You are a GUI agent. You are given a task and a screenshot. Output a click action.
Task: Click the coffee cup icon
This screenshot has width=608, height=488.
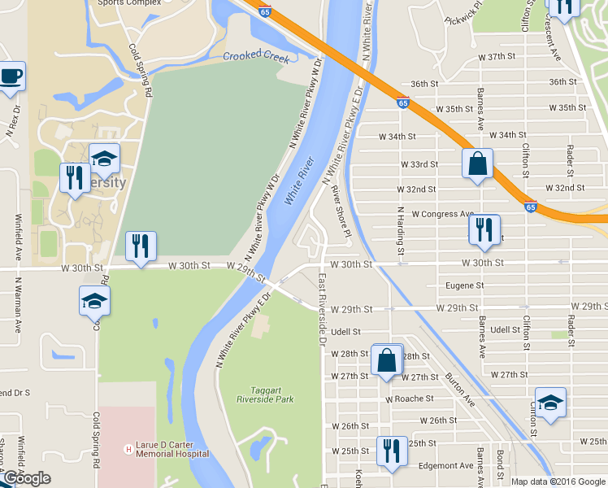(11, 77)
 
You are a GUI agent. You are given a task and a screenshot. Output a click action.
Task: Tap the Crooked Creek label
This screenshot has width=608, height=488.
(257, 55)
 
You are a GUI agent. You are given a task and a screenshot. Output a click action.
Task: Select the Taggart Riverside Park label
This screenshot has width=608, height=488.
(265, 394)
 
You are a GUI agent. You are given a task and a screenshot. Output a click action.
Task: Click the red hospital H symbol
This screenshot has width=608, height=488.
(127, 449)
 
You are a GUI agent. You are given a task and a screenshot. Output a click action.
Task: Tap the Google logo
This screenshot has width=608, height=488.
(26, 478)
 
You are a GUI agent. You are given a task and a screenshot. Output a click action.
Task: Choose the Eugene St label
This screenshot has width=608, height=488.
(466, 285)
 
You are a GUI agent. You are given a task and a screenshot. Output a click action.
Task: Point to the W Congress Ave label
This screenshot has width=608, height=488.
(442, 214)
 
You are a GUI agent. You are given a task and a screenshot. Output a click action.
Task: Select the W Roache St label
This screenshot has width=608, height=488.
(410, 399)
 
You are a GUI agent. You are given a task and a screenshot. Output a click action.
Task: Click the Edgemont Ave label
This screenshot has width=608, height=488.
(444, 466)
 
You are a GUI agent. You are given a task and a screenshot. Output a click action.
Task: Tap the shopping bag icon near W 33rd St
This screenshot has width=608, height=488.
(477, 163)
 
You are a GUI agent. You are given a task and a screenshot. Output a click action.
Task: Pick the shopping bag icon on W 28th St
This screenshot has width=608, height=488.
(387, 359)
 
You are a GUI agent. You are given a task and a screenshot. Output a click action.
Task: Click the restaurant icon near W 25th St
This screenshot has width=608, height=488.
(392, 451)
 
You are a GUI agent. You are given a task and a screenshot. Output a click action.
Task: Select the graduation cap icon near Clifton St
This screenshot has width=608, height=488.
(550, 403)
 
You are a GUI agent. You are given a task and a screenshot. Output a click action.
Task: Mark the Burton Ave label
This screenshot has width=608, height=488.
(460, 390)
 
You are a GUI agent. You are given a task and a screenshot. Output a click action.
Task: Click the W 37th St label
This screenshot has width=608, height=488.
(497, 57)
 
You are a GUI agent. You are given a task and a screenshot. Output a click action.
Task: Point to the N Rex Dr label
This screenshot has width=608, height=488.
(12, 120)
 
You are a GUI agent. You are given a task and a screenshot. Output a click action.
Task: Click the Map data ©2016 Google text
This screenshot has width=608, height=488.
(558, 481)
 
